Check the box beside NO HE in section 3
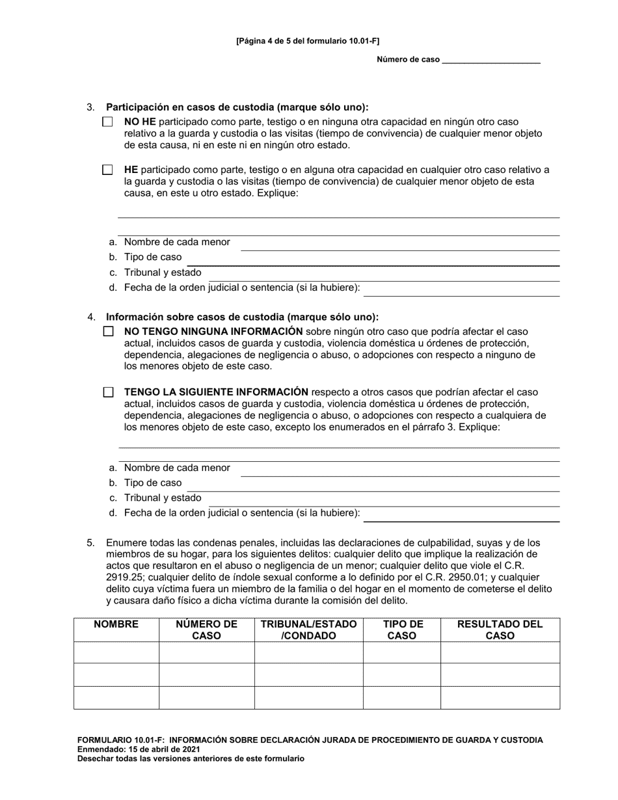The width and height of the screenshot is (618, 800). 107,122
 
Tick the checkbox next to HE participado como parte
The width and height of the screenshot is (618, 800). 107,170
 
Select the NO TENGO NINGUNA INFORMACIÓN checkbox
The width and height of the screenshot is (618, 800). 108,332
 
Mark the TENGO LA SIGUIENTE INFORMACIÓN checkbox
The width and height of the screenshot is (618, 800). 108,392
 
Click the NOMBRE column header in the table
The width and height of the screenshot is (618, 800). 116,624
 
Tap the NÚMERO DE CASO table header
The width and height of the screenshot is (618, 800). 206,630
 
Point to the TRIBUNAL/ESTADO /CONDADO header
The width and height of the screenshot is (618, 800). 308,630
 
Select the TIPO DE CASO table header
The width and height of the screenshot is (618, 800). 401,630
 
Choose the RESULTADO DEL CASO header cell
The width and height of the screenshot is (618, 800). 500,630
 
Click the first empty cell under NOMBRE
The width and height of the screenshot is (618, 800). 116,652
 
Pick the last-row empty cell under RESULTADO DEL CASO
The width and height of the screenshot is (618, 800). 500,697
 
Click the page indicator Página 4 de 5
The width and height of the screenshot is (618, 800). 308,40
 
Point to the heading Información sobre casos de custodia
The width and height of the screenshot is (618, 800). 242,317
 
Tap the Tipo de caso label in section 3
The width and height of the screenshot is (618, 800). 153,257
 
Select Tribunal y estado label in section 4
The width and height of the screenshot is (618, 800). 163,498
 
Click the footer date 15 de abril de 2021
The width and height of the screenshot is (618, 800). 154,749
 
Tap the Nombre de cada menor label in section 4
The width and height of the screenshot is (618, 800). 177,468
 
